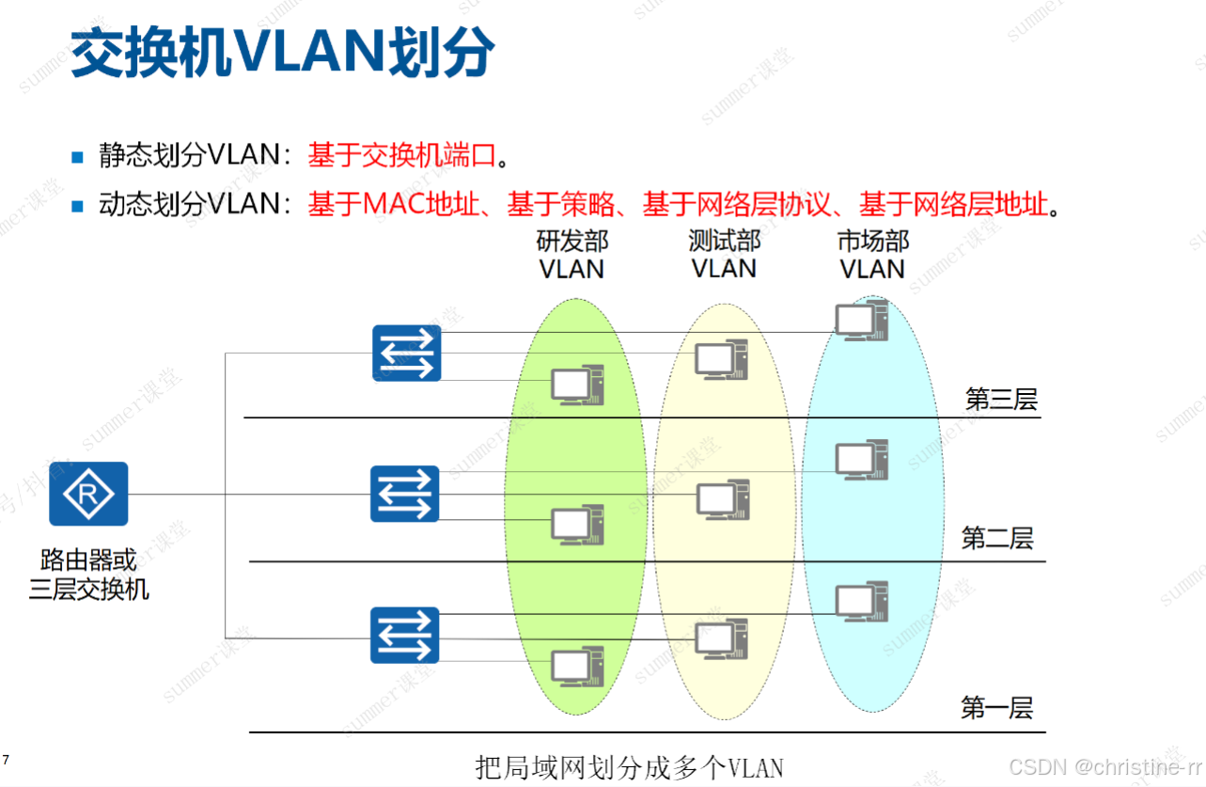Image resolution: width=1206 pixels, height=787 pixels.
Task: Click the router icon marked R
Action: tap(88, 494)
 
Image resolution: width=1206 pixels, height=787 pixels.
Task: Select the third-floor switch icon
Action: tap(406, 353)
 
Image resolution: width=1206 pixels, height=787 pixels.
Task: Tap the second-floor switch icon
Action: tap(405, 494)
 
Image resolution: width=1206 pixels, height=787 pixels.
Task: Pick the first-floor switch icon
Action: tap(405, 635)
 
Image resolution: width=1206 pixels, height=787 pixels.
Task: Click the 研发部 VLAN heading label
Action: tap(572, 255)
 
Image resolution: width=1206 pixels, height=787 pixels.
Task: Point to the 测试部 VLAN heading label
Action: tap(724, 255)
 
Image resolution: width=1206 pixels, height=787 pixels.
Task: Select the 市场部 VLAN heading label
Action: tap(872, 255)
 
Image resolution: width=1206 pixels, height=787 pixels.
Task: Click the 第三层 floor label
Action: tap(1001, 400)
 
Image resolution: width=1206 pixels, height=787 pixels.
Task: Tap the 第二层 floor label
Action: tap(997, 539)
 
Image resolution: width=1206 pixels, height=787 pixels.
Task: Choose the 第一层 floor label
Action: tap(996, 708)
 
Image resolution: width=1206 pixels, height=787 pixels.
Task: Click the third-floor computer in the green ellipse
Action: tap(576, 385)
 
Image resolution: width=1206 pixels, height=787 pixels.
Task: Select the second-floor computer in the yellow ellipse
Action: tap(722, 499)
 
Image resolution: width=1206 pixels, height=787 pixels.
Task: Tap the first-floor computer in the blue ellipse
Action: tap(861, 602)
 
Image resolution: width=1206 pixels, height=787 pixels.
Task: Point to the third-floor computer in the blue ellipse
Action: tap(861, 321)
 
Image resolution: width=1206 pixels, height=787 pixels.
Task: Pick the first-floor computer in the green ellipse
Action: tap(576, 667)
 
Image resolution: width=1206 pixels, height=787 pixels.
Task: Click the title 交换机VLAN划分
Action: tap(283, 53)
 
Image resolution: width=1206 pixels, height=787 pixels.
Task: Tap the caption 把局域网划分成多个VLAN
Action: tap(629, 766)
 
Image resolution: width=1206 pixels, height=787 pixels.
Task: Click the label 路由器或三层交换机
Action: tap(88, 575)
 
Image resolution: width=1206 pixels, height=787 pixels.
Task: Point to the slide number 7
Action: tap(7, 759)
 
